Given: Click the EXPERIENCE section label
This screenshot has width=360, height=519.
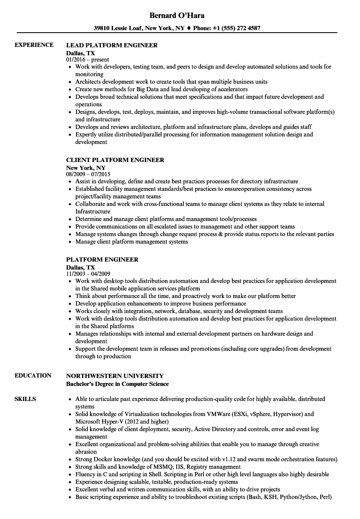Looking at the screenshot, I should coord(34,45).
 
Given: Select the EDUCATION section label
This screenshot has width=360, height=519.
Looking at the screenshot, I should coord(33,375).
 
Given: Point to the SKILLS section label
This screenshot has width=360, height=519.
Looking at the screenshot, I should coord(25,399).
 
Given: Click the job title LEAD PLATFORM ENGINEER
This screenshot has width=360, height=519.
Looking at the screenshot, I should coord(112,45).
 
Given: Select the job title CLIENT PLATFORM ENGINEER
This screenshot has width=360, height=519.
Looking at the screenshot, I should coord(115,160).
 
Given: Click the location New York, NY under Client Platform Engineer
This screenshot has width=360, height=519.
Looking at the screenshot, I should coord(86,167).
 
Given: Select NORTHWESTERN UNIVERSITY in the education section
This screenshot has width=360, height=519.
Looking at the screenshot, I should coord(115,376).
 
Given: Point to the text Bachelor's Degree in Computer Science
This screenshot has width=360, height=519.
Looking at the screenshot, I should coord(118,384).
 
